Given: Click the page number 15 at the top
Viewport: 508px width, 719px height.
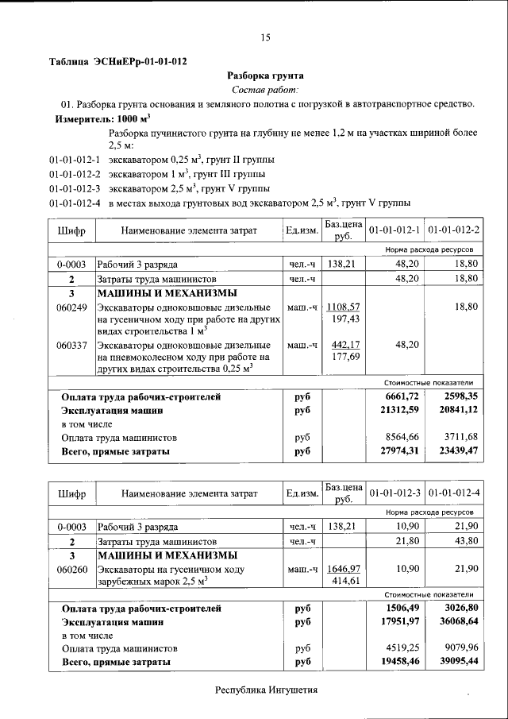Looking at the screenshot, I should (x=266, y=37).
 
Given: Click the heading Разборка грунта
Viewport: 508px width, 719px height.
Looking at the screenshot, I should (x=266, y=76).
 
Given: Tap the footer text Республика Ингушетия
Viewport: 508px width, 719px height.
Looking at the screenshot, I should (x=266, y=690).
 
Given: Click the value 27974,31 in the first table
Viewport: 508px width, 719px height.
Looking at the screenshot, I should (x=401, y=452).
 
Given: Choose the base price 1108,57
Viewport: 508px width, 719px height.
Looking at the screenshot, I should (x=344, y=307).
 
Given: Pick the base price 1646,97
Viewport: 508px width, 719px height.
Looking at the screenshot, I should (x=344, y=570).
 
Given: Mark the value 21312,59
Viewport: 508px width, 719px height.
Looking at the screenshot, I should (x=401, y=410).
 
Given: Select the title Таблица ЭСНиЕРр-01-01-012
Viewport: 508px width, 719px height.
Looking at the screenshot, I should (x=118, y=62).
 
